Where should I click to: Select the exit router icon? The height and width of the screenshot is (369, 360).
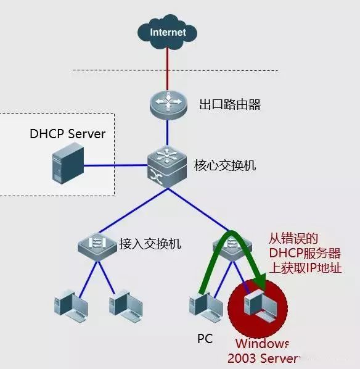168,104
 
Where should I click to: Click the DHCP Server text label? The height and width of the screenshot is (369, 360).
68,134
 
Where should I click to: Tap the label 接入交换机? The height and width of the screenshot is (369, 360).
150,244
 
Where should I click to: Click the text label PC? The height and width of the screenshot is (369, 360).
205,339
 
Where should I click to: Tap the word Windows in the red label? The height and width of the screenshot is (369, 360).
262,343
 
